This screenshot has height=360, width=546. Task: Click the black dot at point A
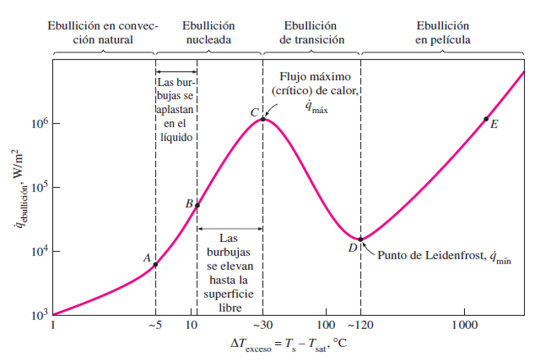pyautogui.click(x=155, y=265)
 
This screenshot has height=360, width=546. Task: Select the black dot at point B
pyautogui.click(x=197, y=205)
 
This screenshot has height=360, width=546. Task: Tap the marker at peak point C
pyautogui.click(x=263, y=119)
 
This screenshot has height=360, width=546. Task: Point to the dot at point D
pyautogui.click(x=361, y=239)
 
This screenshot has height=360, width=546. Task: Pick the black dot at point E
pyautogui.click(x=486, y=119)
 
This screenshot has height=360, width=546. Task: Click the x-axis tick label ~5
pyautogui.click(x=155, y=325)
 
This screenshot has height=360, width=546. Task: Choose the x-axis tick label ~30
pyautogui.click(x=263, y=325)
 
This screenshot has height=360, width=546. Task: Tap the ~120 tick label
pyautogui.click(x=361, y=325)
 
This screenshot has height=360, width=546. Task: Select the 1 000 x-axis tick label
pyautogui.click(x=464, y=325)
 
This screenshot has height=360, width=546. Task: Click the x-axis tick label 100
pyautogui.click(x=326, y=325)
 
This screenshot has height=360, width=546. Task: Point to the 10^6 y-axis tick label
pyautogui.click(x=37, y=123)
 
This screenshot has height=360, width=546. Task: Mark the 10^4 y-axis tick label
pyautogui.click(x=37, y=251)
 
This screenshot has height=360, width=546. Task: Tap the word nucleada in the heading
pyautogui.click(x=209, y=39)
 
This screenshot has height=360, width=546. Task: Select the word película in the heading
pyautogui.click(x=442, y=39)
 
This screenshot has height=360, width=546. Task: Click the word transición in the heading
pyautogui.click(x=312, y=39)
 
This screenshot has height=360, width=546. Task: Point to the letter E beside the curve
pyautogui.click(x=494, y=124)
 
